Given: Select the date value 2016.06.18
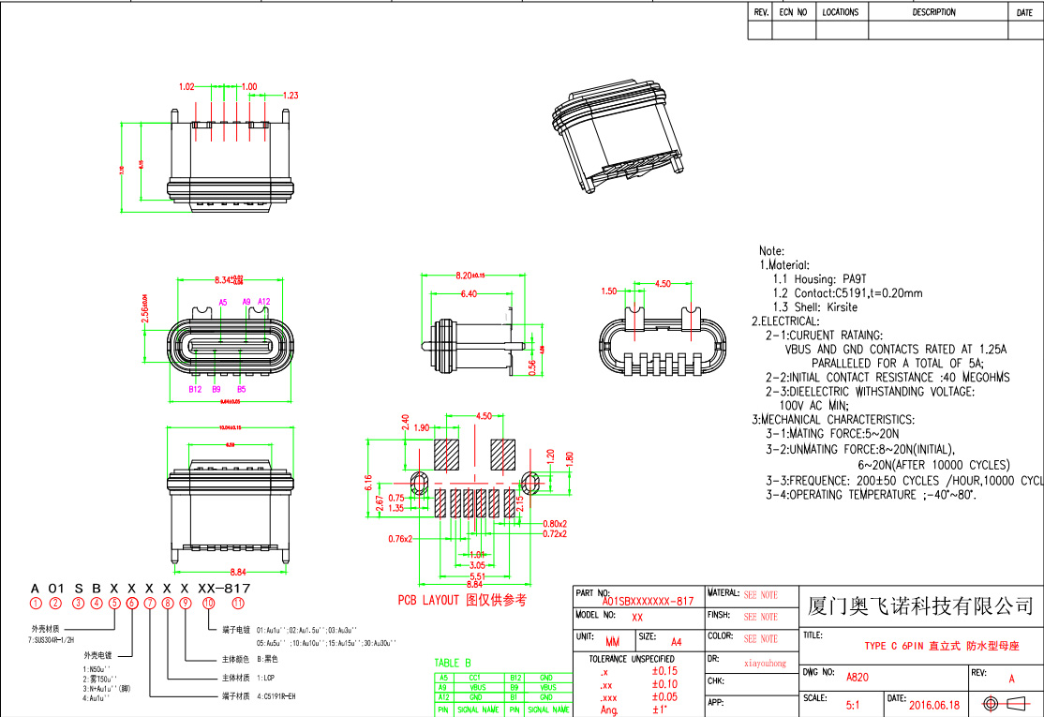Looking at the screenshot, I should (934, 704).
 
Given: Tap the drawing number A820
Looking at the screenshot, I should (858, 676).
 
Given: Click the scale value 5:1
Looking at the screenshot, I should (855, 704).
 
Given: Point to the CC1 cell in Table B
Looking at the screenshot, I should (474, 676).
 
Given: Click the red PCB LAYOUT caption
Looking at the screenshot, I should (462, 600).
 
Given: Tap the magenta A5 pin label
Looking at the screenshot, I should (222, 302).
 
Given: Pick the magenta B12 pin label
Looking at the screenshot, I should (195, 388).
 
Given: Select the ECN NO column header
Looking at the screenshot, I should (794, 12).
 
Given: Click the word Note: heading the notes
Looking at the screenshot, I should (771, 251).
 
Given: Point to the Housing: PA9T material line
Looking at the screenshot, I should (816, 278).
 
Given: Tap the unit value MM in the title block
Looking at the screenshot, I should (613, 642).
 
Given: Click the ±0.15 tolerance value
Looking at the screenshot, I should (664, 671).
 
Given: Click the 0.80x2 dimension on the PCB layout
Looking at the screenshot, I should (555, 523).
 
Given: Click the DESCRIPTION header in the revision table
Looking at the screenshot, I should (933, 12).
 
